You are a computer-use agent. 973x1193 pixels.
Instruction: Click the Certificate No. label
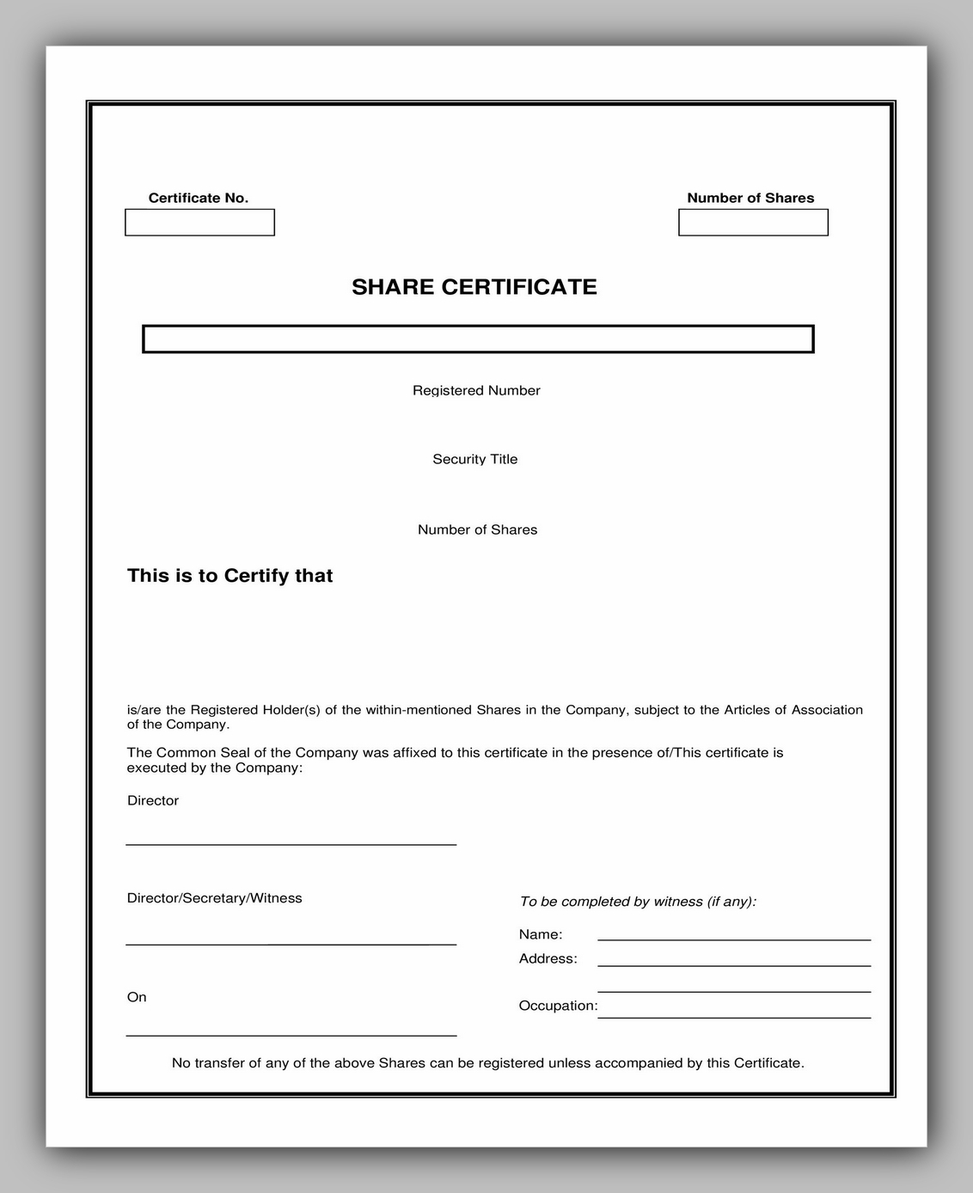pyautogui.click(x=199, y=198)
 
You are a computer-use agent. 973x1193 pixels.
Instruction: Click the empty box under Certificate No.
pyautogui.click(x=199, y=223)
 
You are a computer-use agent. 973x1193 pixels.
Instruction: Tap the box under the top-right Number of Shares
pyautogui.click(x=753, y=223)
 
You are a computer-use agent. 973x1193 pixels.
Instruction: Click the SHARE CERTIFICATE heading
pyautogui.click(x=474, y=287)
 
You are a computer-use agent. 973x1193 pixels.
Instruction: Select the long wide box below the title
pyautogui.click(x=478, y=340)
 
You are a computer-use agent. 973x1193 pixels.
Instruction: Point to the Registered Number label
pyautogui.click(x=476, y=390)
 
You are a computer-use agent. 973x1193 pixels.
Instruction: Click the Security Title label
pyautogui.click(x=475, y=459)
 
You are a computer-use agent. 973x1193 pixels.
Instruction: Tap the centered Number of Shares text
pyautogui.click(x=477, y=529)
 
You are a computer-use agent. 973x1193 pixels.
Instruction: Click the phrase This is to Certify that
pyautogui.click(x=229, y=576)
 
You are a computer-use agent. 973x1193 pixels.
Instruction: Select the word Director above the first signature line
pyautogui.click(x=153, y=800)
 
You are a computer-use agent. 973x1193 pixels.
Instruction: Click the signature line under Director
pyautogui.click(x=291, y=844)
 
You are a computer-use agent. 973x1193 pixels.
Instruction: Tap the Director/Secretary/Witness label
pyautogui.click(x=215, y=898)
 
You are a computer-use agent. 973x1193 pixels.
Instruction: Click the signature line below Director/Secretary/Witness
pyautogui.click(x=291, y=944)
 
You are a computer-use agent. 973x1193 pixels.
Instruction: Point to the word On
pyautogui.click(x=137, y=997)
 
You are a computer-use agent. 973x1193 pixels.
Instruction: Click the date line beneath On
pyautogui.click(x=291, y=1035)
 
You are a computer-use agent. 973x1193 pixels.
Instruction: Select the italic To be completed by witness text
pyautogui.click(x=638, y=902)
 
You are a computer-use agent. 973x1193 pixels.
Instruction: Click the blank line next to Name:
pyautogui.click(x=734, y=939)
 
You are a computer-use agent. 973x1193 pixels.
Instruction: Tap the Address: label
pyautogui.click(x=548, y=958)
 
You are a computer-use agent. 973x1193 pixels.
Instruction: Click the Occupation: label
pyautogui.click(x=558, y=1006)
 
